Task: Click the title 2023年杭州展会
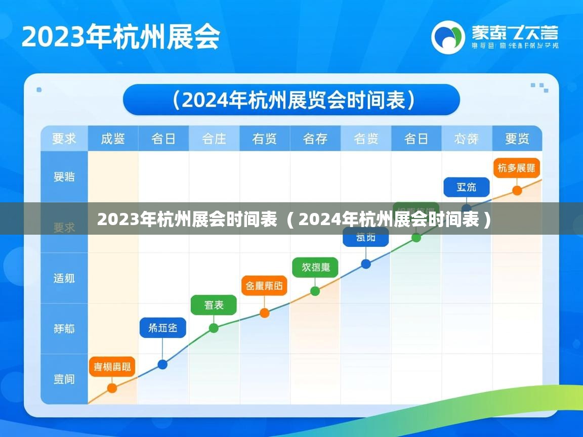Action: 120,37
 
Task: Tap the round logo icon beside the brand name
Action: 447,37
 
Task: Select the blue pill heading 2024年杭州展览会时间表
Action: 291,100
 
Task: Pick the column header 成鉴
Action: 113,139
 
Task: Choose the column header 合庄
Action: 214,139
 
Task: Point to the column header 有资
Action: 265,139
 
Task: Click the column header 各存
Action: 315,139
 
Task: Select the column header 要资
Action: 517,139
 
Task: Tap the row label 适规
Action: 64,278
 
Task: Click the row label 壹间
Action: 64,379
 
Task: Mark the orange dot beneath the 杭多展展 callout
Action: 517,191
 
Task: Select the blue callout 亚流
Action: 467,187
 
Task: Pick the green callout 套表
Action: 214,305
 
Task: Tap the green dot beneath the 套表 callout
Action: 214,328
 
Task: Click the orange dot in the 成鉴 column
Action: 112,388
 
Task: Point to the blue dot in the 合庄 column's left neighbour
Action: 162,364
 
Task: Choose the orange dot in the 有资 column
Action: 264,313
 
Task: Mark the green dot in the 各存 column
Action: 315,291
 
